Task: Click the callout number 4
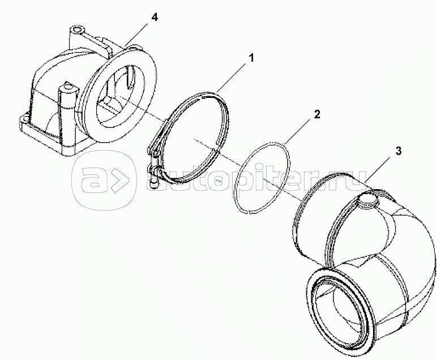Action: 155,18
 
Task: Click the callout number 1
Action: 251,58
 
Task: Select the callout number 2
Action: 317,114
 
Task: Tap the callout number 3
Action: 399,151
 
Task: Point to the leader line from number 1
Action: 231,78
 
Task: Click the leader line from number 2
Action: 298,131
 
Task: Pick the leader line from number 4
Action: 138,33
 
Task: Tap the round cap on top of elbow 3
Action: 368,199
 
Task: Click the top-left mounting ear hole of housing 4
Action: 75,29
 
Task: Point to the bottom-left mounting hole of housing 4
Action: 24,119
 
